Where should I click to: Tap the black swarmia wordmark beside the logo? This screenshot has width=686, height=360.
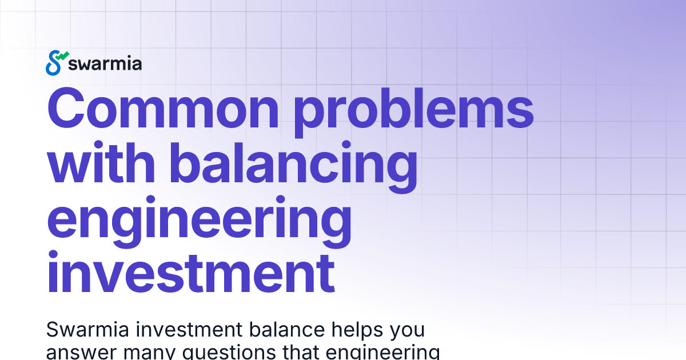(105, 63)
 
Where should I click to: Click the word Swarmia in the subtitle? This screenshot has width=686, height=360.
(83, 330)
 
